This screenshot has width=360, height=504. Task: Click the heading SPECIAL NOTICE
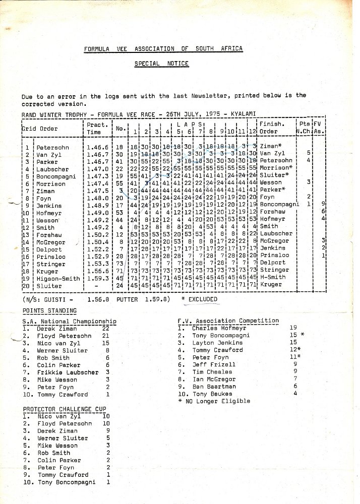click(161, 64)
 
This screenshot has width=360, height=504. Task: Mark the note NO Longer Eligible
click(217, 401)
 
